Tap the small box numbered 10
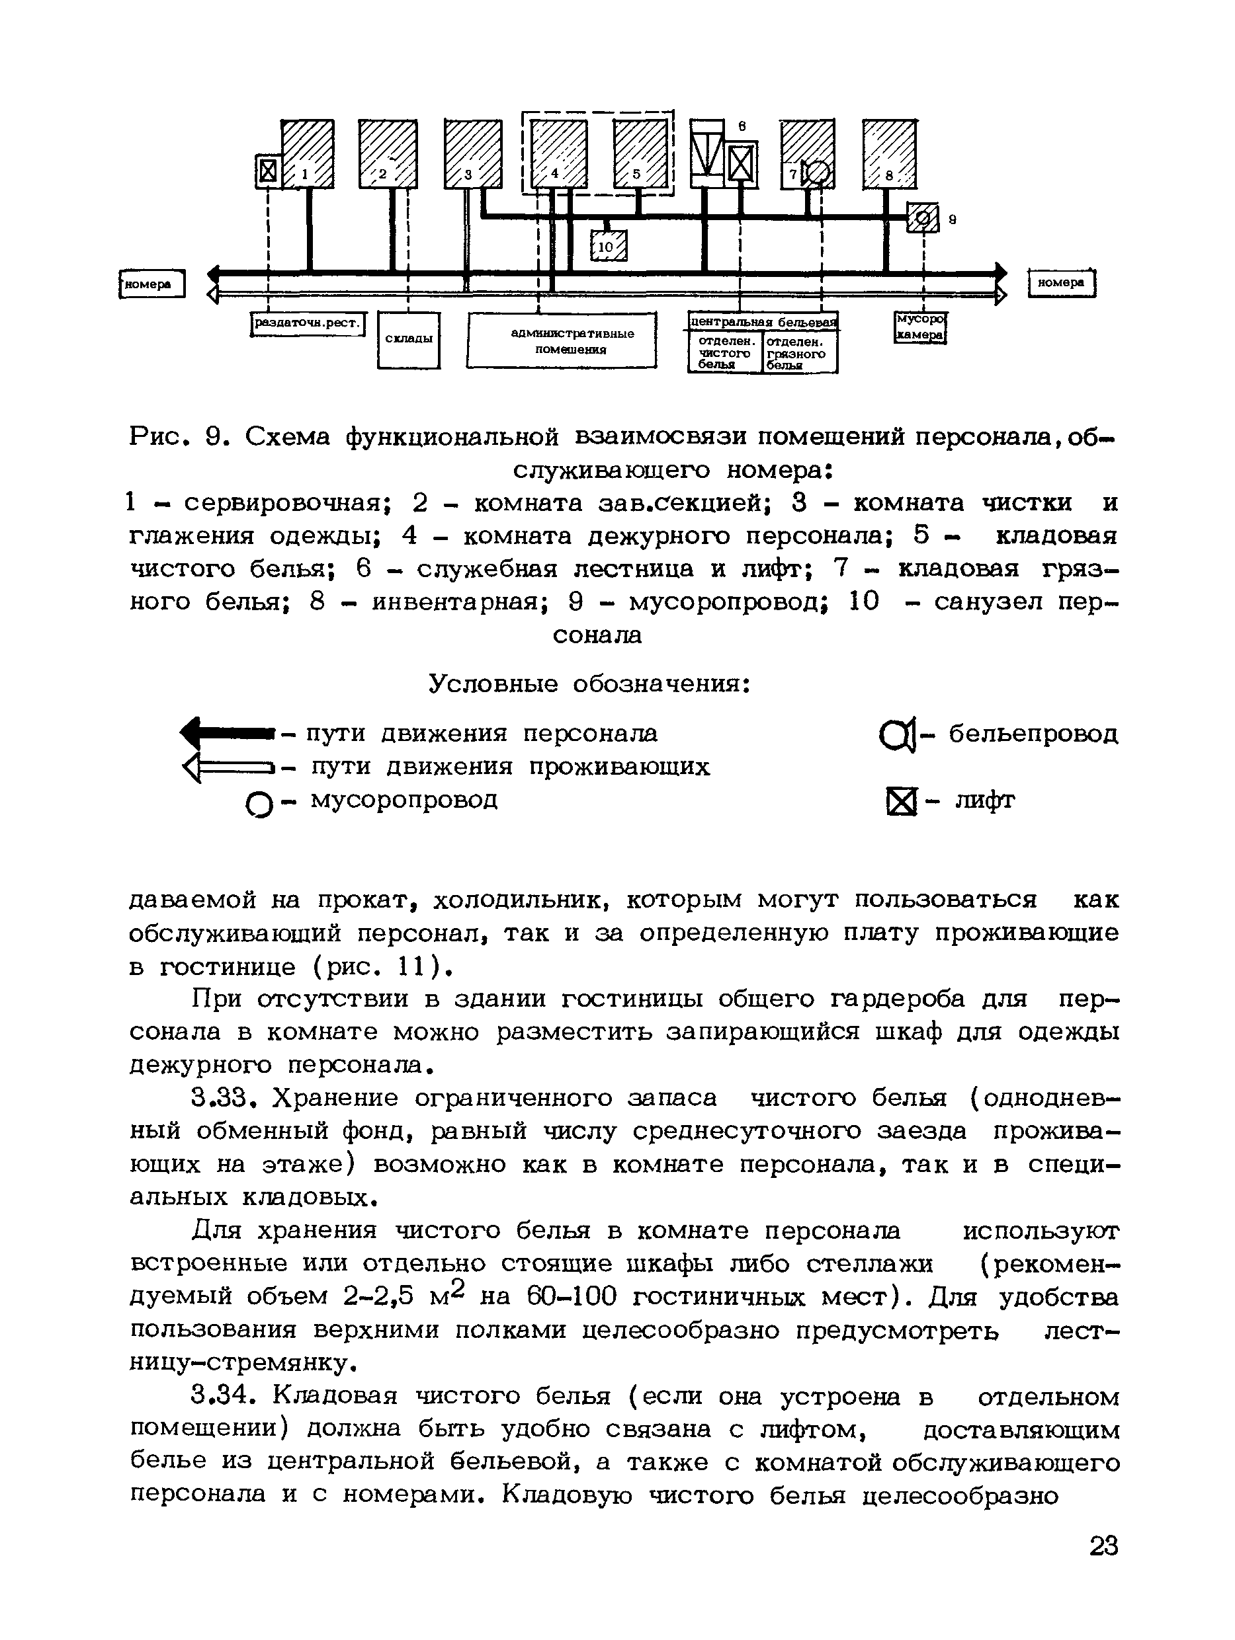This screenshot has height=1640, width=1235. tap(608, 245)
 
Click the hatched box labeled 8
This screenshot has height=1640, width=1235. tap(888, 153)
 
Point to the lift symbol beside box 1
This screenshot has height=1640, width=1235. tap(268, 171)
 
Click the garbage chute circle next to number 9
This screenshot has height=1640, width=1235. tap(923, 218)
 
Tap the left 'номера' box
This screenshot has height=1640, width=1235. tap(152, 283)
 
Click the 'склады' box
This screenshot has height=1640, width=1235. tap(408, 340)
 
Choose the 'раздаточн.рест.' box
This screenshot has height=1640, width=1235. tap(308, 323)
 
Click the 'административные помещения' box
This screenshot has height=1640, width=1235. tap(562, 341)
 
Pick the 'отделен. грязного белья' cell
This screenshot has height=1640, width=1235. tap(800, 352)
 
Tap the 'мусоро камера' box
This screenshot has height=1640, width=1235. tap(919, 327)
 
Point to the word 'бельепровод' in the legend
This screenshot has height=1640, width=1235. tap(1033, 734)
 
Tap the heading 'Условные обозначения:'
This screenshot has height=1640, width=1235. tap(589, 683)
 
